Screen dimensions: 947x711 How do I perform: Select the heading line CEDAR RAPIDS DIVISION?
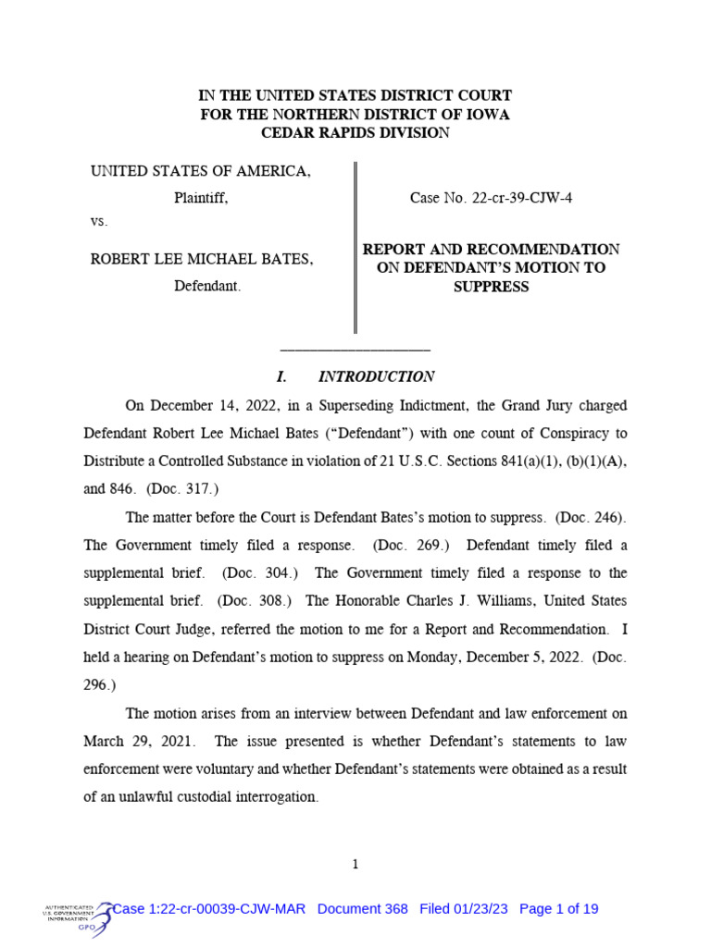(x=355, y=133)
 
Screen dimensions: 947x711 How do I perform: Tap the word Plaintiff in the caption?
(x=201, y=198)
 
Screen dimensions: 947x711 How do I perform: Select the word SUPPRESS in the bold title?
(x=491, y=287)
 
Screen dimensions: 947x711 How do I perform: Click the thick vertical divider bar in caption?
(x=355, y=247)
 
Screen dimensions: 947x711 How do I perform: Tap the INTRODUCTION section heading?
(x=376, y=376)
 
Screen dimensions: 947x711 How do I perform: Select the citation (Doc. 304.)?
(x=259, y=573)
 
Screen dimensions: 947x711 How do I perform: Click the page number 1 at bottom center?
(x=355, y=864)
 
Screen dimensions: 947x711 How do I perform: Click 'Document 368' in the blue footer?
(x=362, y=909)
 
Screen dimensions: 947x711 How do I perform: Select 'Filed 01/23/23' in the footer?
(x=465, y=909)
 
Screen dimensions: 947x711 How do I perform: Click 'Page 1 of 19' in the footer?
(x=559, y=909)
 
